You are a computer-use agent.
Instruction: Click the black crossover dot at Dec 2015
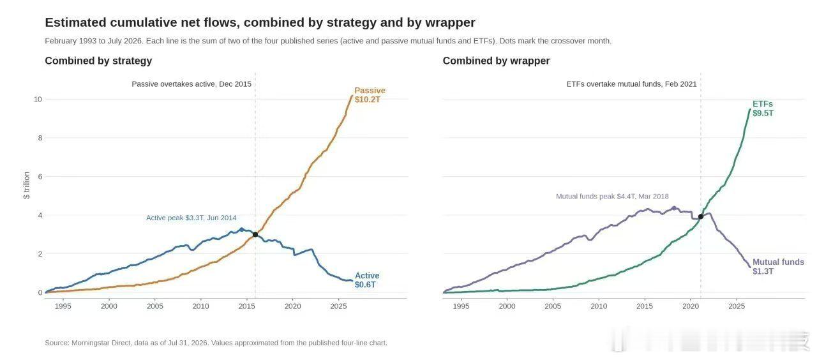(255, 234)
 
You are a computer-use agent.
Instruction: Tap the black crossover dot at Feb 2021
(701, 216)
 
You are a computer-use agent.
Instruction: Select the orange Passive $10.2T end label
(370, 95)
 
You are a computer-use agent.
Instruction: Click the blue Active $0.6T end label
(367, 280)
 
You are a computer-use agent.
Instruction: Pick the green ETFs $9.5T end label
(763, 109)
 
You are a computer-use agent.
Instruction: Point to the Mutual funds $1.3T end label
(778, 267)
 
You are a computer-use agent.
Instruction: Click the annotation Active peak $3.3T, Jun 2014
(191, 218)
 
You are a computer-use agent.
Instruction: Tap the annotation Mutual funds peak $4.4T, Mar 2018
(612, 196)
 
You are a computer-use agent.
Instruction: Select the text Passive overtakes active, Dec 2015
(191, 84)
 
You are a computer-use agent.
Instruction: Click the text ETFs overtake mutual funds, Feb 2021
(631, 84)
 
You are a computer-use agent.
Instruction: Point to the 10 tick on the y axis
(38, 99)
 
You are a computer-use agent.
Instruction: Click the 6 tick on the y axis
(40, 177)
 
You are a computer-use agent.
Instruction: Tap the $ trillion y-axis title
(26, 185)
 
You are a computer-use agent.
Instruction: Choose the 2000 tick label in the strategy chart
(109, 306)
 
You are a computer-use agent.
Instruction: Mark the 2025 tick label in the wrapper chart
(737, 306)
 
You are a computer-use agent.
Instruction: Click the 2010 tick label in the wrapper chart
(599, 306)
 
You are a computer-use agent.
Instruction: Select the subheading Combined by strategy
(98, 61)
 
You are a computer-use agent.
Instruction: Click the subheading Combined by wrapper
(496, 61)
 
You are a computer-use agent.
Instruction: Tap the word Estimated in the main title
(76, 22)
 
